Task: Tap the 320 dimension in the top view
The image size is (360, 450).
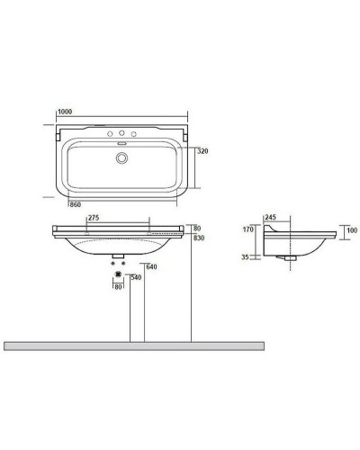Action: [204, 153]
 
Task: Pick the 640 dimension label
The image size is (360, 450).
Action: [152, 266]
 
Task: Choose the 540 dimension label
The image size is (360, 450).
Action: [137, 277]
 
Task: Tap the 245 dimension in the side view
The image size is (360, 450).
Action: [270, 217]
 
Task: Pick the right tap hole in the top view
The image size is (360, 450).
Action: [134, 135]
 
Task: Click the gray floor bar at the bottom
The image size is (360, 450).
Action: [135, 345]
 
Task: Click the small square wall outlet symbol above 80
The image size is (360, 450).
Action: [118, 276]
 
